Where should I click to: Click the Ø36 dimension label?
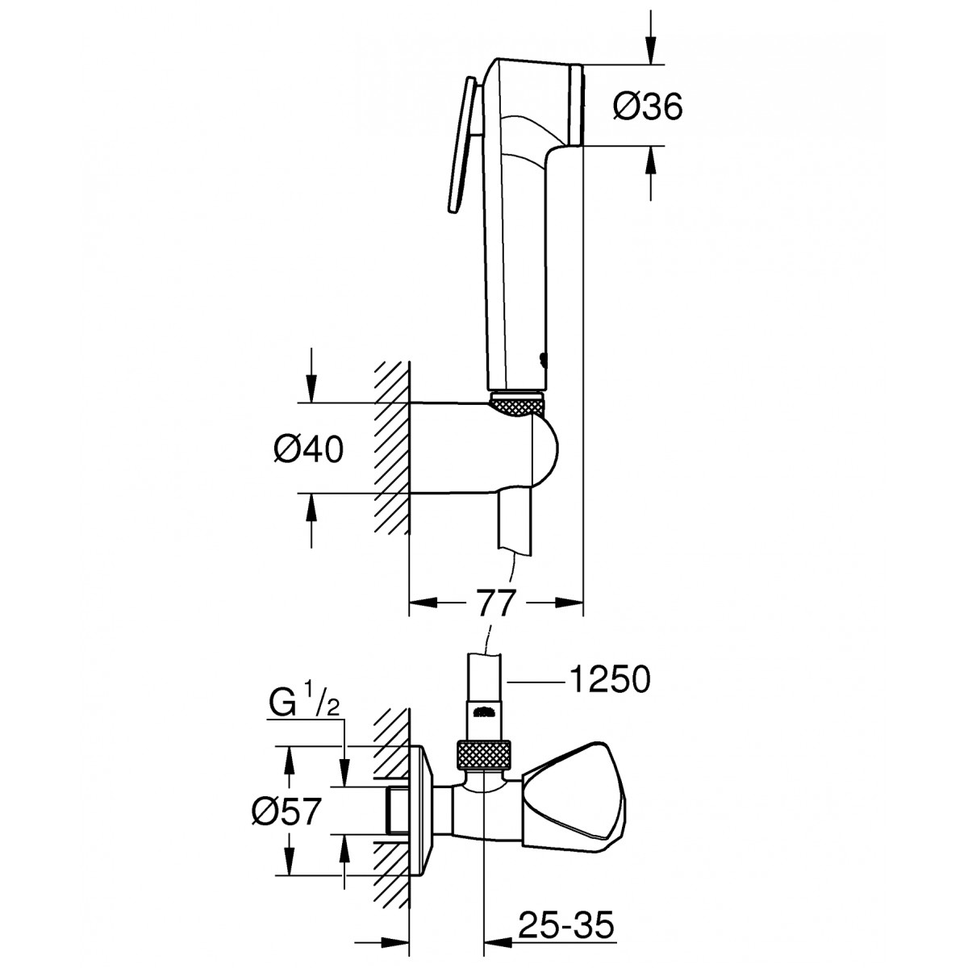pyautogui.click(x=648, y=106)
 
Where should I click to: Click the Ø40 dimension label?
pyautogui.click(x=308, y=449)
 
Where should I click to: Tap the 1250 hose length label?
pyautogui.click(x=609, y=681)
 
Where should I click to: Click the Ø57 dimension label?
pyautogui.click(x=286, y=812)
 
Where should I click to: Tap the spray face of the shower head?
pyautogui.click(x=576, y=106)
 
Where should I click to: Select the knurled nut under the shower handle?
pyautogui.click(x=516, y=404)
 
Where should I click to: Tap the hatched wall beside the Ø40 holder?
pyautogui.click(x=392, y=447)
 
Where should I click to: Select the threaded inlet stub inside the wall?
pyautogui.click(x=398, y=812)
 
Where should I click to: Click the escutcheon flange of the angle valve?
pyautogui.click(x=423, y=812)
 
